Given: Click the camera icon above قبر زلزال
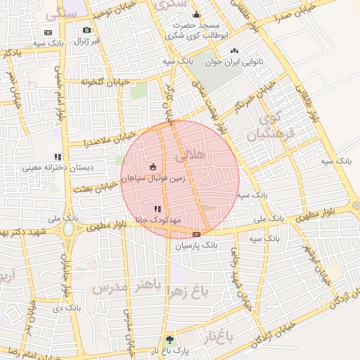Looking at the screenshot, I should click(86, 30).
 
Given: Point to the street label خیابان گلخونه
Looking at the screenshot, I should click(105, 82).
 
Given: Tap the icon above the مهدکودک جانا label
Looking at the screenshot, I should click(157, 209).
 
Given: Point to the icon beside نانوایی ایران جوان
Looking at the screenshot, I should click(234, 51).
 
